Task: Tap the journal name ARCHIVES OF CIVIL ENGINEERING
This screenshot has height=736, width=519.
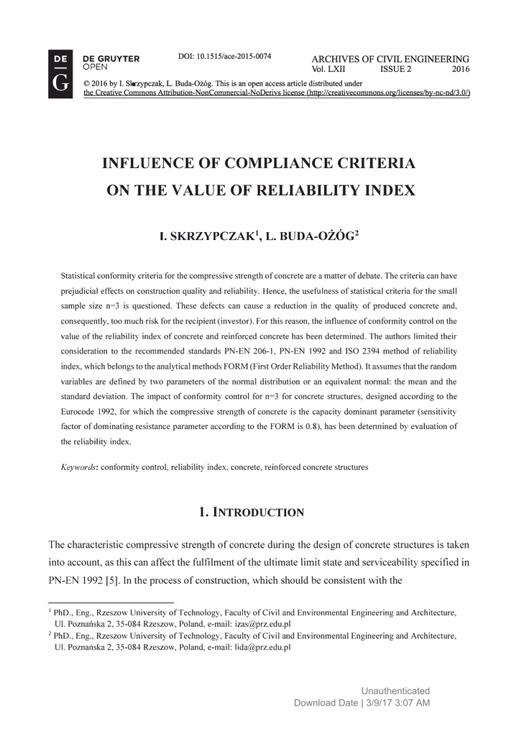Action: click(x=390, y=59)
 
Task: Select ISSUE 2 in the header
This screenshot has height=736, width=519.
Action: click(x=396, y=70)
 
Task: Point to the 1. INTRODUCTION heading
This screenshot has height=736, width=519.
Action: click(x=252, y=512)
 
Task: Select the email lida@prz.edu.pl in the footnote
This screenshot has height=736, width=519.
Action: click(x=260, y=647)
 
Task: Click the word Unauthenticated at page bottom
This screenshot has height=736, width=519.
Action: click(x=395, y=691)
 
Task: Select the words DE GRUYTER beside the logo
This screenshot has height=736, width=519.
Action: click(x=111, y=58)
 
